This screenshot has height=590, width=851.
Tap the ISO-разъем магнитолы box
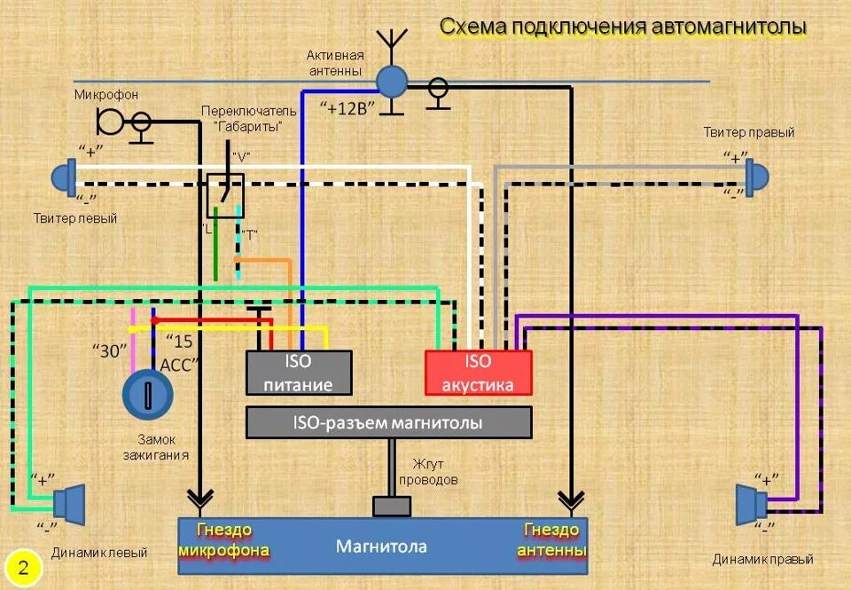click(388, 422)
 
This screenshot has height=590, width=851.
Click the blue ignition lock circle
click(144, 394)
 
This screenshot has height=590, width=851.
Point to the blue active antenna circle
click(390, 82)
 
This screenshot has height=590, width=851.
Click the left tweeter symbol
click(64, 177)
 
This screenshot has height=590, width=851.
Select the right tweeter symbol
click(756, 177)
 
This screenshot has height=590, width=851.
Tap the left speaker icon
click(68, 502)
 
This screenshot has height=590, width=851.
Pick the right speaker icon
click(750, 504)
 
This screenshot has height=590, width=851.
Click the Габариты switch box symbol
click(225, 195)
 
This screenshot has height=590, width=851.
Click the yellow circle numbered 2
click(24, 568)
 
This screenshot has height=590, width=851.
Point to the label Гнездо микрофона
click(223, 539)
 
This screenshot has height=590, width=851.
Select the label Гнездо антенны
click(550, 539)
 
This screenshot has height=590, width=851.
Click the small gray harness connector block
click(391, 506)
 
